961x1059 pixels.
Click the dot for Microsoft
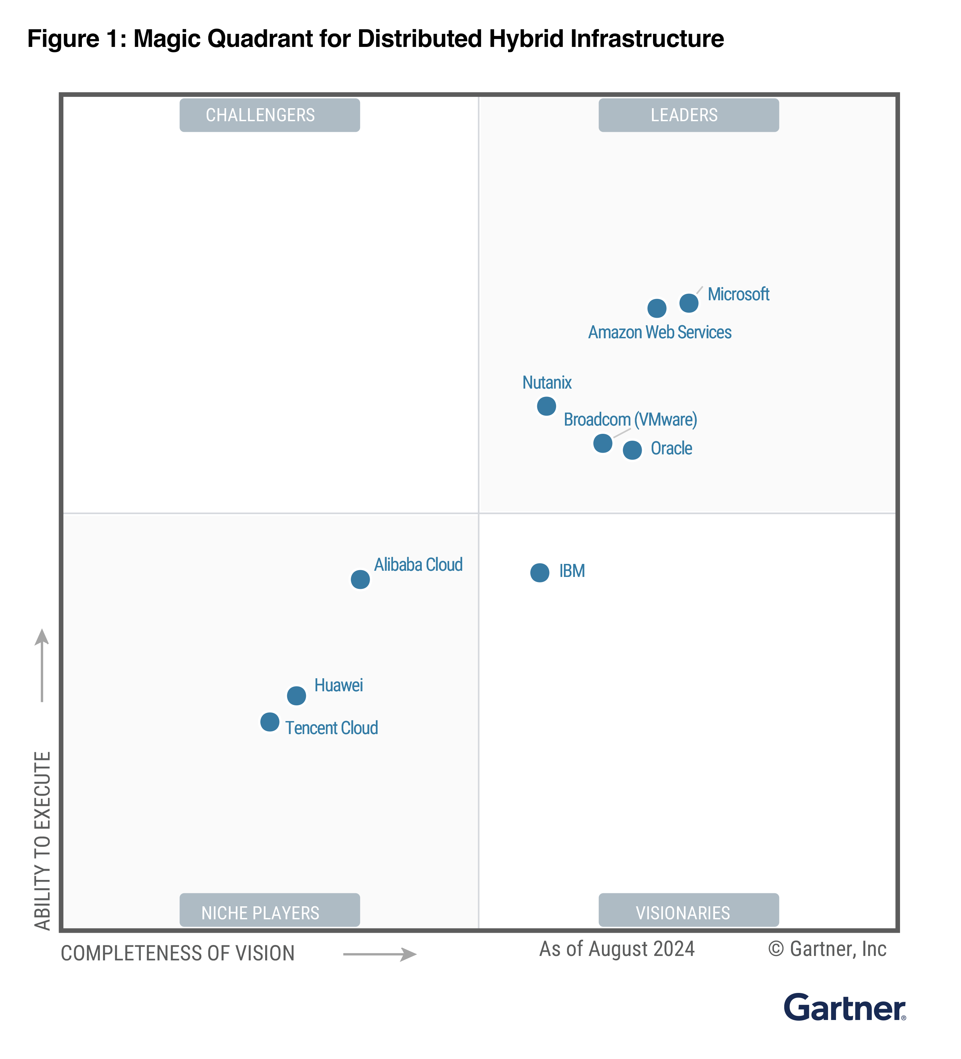click(689, 303)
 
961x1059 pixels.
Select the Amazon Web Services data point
click(657, 308)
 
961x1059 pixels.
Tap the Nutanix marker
click(546, 406)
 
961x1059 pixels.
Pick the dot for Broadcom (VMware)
click(602, 443)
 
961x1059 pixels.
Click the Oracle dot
click(632, 450)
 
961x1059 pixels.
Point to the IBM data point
click(539, 572)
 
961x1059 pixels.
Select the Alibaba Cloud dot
click(360, 579)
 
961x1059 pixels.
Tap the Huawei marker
click(296, 695)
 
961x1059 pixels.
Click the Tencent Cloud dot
click(270, 722)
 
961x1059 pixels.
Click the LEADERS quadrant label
click(688, 115)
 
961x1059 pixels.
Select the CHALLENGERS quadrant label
click(270, 115)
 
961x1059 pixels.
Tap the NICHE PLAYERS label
click(270, 912)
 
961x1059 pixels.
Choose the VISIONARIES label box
click(688, 912)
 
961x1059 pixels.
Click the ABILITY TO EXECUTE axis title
click(42, 841)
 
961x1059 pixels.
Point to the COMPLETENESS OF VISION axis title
click(178, 954)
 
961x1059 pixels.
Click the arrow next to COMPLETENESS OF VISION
click(380, 954)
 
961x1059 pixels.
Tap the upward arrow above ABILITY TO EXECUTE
click(42, 665)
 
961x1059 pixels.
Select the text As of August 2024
click(617, 949)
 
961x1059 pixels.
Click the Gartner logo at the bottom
click(844, 1008)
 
